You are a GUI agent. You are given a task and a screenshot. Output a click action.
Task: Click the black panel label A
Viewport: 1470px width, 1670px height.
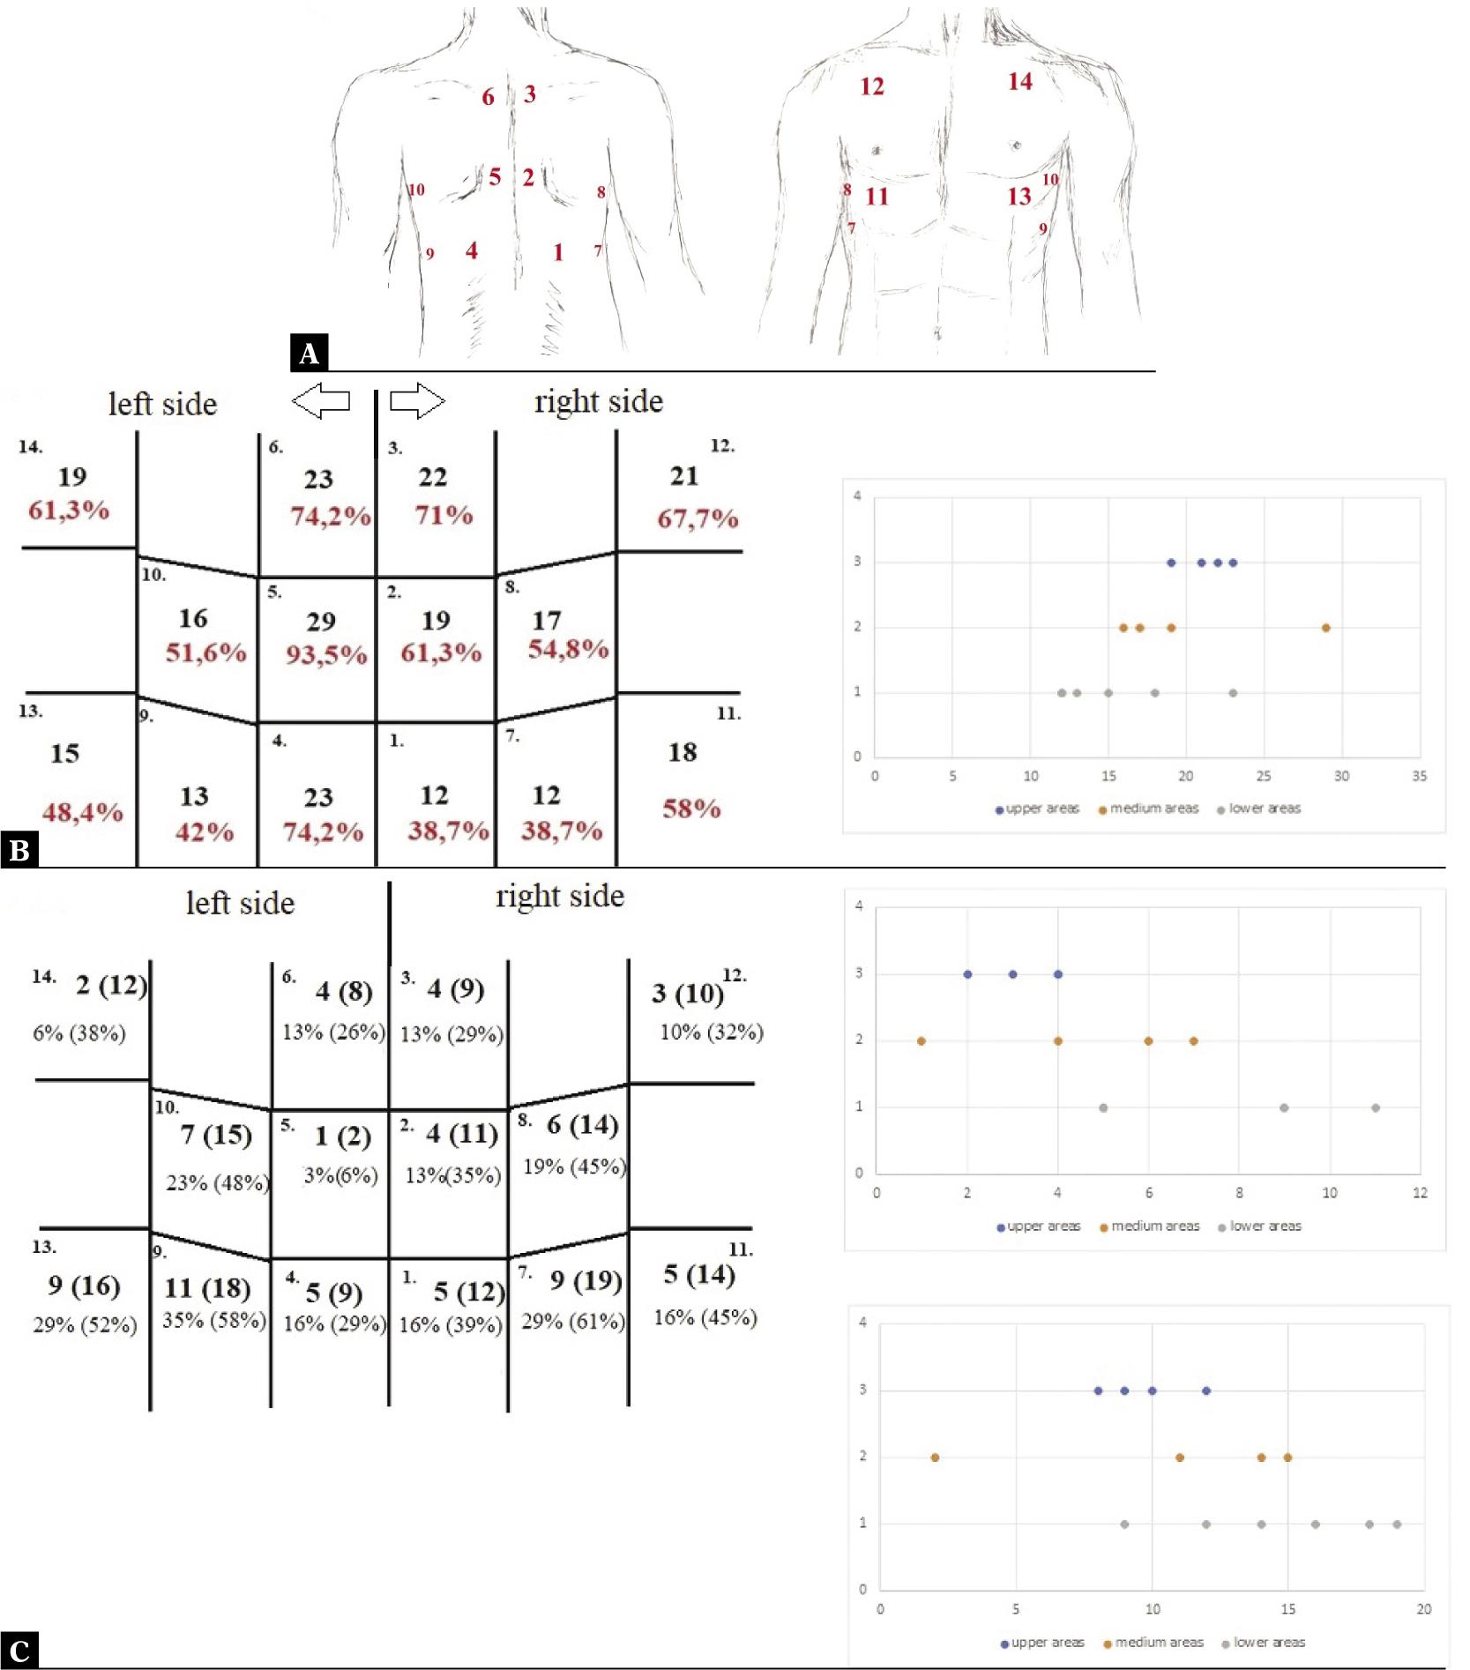coord(309,353)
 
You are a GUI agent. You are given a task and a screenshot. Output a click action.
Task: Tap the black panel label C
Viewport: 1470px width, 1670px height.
coord(19,1650)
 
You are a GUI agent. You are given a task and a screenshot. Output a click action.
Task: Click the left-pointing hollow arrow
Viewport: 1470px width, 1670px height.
coord(321,401)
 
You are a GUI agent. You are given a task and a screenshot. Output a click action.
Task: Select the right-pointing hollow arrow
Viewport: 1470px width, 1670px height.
coord(417,400)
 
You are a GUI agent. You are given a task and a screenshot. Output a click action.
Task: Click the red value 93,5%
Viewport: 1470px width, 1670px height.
coord(325,654)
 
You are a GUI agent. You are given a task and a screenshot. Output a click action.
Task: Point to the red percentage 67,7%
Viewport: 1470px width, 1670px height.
coord(697,518)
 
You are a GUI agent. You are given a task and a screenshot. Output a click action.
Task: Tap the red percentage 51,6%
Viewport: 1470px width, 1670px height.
coord(205,652)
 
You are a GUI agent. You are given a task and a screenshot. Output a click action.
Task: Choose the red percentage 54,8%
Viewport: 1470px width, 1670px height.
coord(568,649)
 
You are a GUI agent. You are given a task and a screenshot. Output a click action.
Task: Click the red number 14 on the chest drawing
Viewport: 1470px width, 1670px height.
coord(1020,82)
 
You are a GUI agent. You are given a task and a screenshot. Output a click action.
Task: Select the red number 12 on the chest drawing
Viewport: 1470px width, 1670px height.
coord(872,86)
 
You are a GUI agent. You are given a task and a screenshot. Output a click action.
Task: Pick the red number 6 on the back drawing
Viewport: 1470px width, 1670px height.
coord(488,97)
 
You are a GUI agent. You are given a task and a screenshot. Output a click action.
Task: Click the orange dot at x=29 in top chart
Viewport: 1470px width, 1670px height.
coord(1325,628)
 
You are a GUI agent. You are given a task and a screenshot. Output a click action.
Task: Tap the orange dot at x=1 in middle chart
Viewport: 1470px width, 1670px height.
coord(922,1041)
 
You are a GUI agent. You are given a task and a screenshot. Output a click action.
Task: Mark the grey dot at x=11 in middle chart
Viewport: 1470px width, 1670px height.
coord(1375,1107)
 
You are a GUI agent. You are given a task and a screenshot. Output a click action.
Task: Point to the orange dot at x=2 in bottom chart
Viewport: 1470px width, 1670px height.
coord(935,1458)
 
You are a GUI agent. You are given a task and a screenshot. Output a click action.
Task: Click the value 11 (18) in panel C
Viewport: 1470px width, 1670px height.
coord(207,1288)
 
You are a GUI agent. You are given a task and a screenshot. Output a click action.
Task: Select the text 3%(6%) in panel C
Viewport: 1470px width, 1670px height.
coord(340,1175)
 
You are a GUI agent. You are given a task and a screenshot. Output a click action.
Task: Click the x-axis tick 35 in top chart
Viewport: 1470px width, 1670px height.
coord(1419,776)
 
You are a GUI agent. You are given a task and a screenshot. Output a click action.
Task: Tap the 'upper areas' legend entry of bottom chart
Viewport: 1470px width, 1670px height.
coord(1041,1643)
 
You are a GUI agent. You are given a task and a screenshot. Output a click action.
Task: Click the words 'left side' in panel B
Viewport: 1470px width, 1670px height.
coord(162,404)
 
